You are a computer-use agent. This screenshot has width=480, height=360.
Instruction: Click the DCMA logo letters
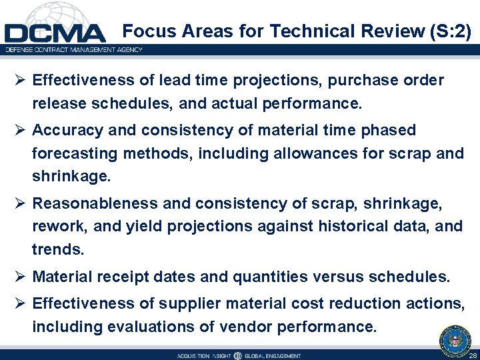click(x=55, y=33)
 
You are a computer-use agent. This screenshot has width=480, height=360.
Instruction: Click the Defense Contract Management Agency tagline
click(x=73, y=49)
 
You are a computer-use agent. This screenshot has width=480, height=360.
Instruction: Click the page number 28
click(x=472, y=355)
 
